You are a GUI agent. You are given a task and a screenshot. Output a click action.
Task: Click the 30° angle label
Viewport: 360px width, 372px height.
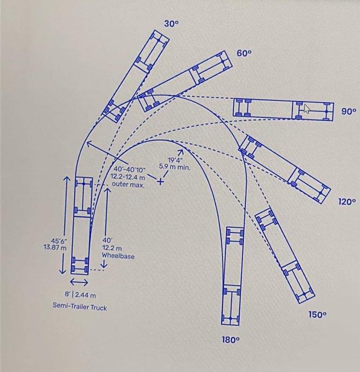[172, 24]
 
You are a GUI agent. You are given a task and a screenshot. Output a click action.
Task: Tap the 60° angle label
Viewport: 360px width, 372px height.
[244, 54]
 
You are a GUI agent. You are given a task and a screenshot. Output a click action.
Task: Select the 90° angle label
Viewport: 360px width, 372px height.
[348, 112]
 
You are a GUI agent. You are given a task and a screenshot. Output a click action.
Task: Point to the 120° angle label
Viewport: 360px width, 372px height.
[346, 202]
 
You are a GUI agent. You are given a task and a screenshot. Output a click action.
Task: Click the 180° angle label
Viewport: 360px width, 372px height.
[232, 340]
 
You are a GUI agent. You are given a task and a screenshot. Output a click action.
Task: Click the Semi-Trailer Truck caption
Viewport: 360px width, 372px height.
[80, 307]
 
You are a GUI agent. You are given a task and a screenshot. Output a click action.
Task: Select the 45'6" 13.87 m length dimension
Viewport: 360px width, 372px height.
[55, 243]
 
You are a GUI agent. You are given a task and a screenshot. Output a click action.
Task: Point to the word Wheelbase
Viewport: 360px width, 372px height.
[118, 256]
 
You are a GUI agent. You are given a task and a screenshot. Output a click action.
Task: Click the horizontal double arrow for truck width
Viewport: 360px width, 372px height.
[79, 282]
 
